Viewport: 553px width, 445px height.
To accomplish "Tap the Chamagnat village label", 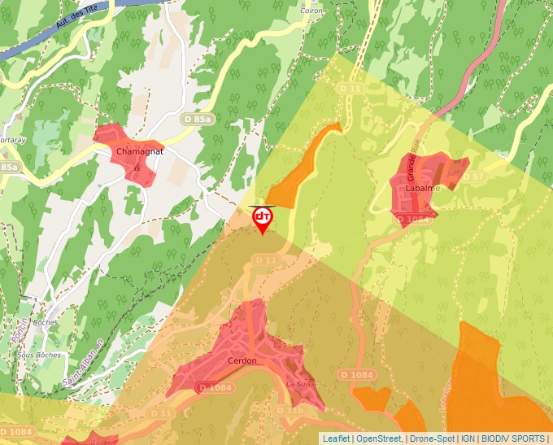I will [x=140, y=152].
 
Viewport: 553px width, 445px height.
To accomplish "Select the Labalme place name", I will [x=422, y=189].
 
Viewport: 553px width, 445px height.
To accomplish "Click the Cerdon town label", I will [x=242, y=360].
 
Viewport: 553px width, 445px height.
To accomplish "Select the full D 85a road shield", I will [x=198, y=120].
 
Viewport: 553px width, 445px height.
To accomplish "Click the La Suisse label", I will [x=300, y=384].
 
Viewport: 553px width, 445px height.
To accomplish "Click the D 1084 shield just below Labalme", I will [x=412, y=219].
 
